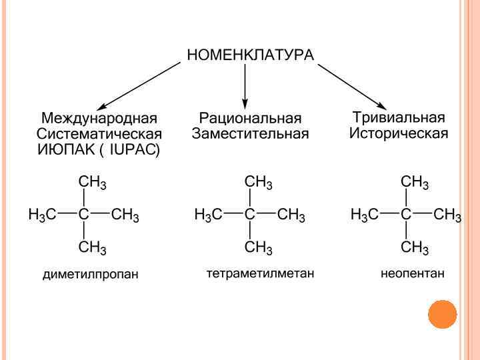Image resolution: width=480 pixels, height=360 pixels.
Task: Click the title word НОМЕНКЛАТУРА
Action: tap(250, 55)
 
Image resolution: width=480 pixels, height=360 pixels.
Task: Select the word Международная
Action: tap(100, 119)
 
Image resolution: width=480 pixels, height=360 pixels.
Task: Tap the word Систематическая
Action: tap(100, 134)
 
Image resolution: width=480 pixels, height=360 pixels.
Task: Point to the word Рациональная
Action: tap(250, 119)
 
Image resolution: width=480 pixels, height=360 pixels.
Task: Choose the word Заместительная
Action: tap(250, 134)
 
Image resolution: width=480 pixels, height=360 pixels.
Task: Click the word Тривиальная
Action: tap(399, 118)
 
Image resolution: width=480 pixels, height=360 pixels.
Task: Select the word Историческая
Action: tap(399, 133)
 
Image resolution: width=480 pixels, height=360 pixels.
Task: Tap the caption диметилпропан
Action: tap(90, 275)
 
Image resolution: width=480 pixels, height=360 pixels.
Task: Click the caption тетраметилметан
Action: tap(260, 273)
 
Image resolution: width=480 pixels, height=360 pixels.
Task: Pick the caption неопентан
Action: tap(412, 273)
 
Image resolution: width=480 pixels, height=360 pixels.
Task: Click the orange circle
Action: tap(443, 314)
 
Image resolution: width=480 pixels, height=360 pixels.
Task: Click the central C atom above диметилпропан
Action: tap(83, 215)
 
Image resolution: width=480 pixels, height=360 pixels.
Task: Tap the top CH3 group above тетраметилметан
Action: tap(259, 182)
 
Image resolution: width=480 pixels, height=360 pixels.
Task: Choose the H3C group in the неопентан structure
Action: tap(365, 215)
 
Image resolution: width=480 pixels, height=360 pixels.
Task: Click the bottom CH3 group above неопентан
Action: tap(415, 249)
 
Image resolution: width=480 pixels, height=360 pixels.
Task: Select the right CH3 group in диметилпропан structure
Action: tap(125, 215)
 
